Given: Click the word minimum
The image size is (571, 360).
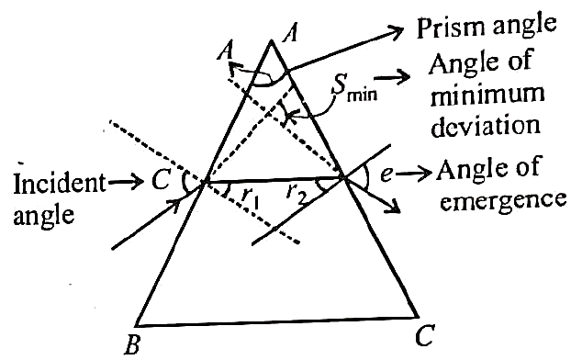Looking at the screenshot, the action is [487, 95].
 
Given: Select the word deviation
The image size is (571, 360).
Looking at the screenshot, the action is [486, 125].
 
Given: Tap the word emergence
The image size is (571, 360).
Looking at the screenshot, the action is [502, 201].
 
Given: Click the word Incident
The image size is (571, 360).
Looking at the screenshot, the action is [60, 183].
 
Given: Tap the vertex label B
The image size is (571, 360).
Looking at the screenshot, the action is [132, 344].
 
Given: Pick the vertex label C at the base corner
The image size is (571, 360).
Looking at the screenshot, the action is [424, 335].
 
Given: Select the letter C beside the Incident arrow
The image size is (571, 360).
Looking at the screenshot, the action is [160, 180].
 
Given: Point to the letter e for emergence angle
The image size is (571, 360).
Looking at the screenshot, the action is [386, 174].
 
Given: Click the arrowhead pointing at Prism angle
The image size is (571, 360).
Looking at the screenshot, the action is [395, 31].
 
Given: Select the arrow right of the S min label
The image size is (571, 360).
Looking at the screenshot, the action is [392, 78].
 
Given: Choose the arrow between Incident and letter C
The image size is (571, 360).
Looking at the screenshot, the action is [126, 181].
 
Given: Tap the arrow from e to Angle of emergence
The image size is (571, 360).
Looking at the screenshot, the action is [413, 174].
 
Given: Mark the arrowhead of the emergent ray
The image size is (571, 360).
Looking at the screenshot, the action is [394, 207].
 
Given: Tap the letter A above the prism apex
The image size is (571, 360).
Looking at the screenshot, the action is [290, 34].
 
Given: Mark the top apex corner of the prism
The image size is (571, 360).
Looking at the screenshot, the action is [271, 40].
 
